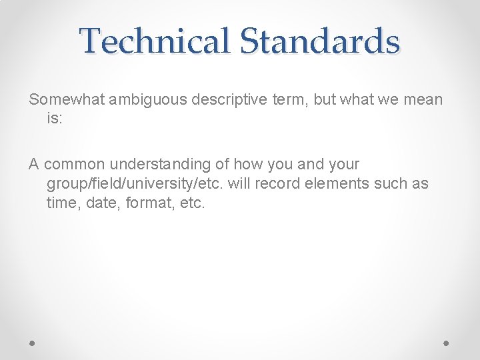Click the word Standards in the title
(319, 41)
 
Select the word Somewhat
(65, 100)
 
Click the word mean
(422, 100)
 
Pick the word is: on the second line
(55, 119)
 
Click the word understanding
(165, 165)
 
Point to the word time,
(63, 202)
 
